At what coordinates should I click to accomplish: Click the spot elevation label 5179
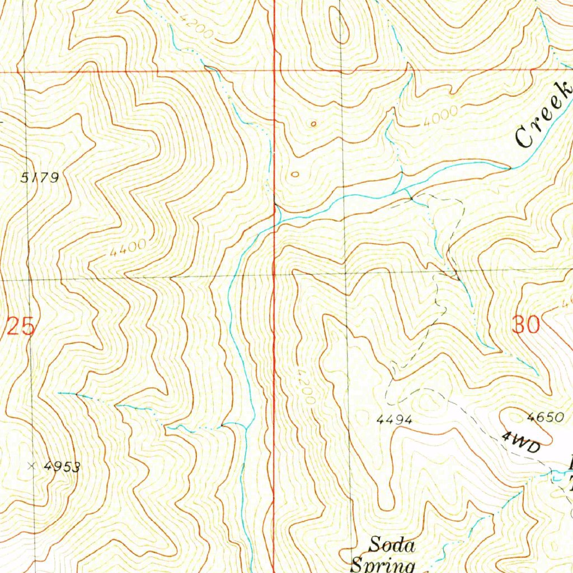tap(40, 178)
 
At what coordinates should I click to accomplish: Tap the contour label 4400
tap(128, 247)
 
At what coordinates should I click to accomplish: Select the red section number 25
tap(21, 326)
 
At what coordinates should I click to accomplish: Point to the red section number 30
tap(526, 325)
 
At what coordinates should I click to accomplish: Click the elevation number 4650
tap(543, 417)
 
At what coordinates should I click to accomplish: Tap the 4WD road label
tap(521, 442)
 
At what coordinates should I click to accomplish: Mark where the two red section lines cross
tap(274, 72)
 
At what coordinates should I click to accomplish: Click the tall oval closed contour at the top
tap(339, 26)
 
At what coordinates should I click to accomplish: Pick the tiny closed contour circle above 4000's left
tap(313, 124)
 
